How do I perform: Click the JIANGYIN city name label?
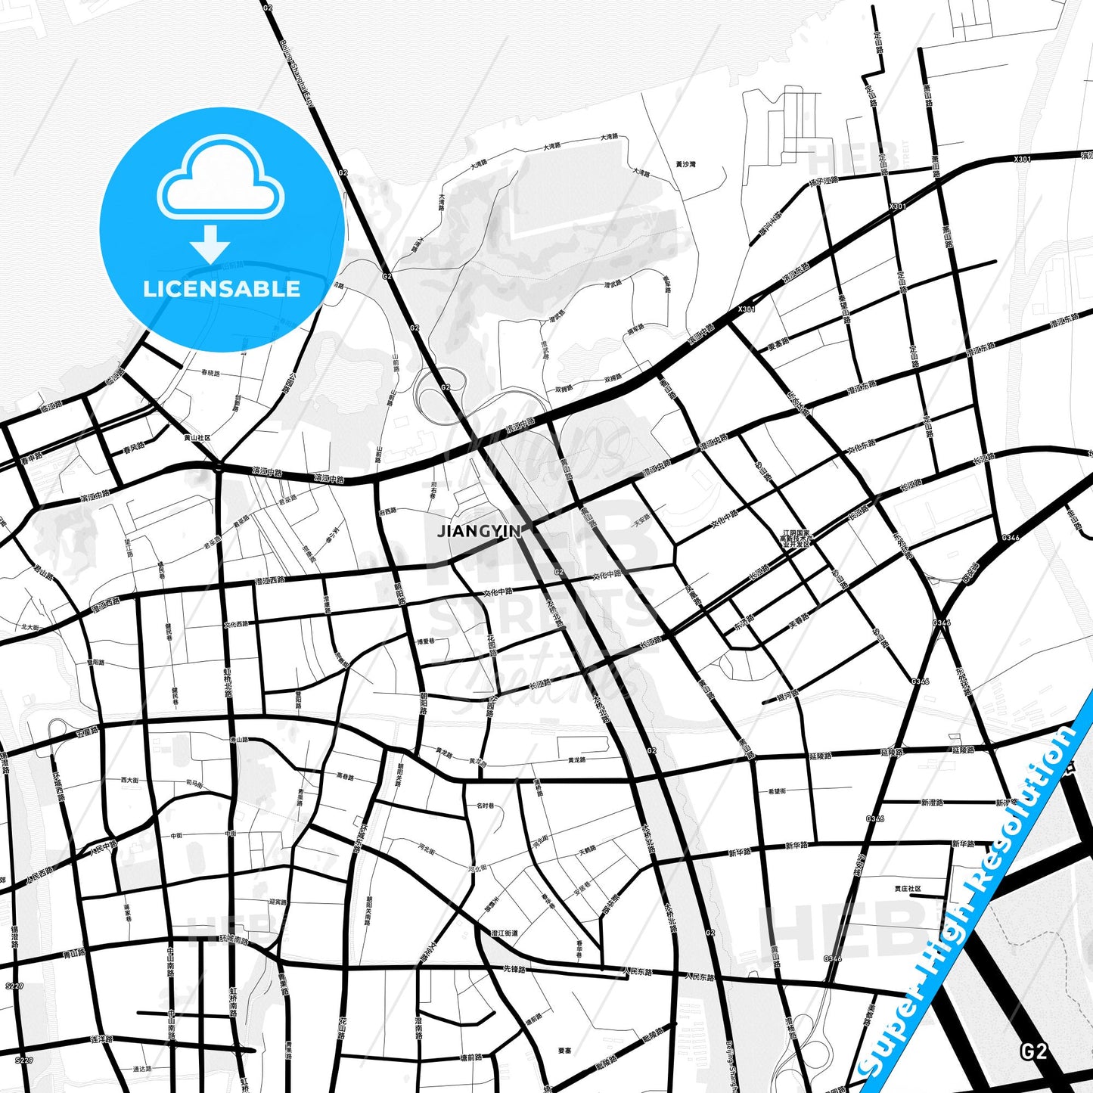coord(479,531)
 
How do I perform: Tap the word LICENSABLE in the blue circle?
coord(222,289)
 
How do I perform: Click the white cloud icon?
coord(220,184)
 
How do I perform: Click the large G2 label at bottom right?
coord(1033,1051)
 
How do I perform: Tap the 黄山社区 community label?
coord(197,437)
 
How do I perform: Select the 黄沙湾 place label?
coord(685,164)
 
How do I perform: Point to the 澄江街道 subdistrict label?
coord(505,933)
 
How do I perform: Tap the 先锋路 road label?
coord(514,968)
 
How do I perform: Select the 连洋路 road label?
coord(101,1040)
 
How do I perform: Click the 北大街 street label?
coord(29,626)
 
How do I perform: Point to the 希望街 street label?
coord(777,791)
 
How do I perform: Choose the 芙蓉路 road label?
coord(799,622)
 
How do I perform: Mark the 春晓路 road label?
coord(210,373)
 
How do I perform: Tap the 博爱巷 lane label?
coord(426,641)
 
